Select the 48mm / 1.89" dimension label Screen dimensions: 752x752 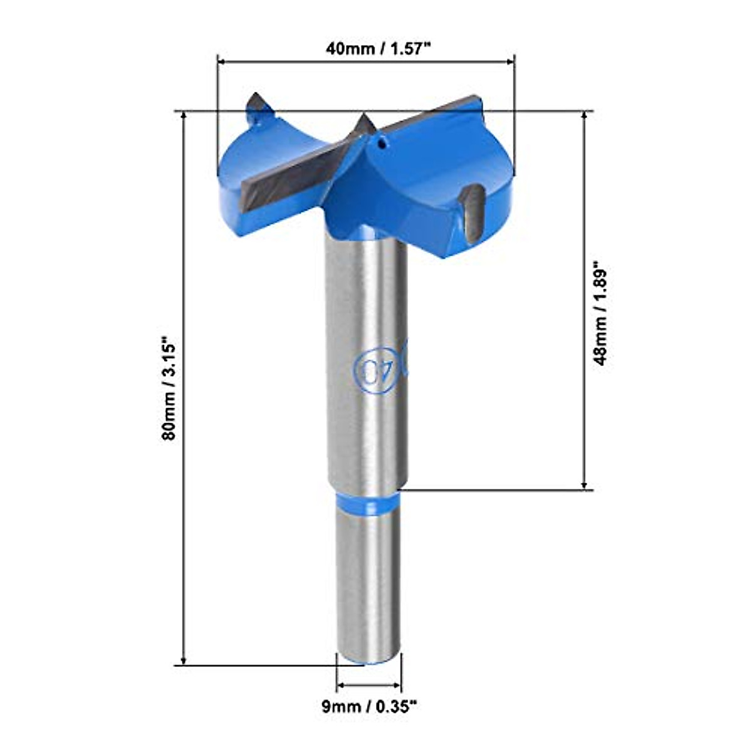(600, 313)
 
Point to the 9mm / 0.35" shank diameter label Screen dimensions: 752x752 (368, 708)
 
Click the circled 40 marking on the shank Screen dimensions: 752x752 (371, 368)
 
